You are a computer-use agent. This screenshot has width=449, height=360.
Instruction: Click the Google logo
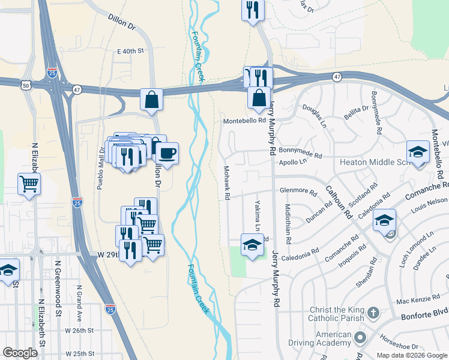(x=20, y=353)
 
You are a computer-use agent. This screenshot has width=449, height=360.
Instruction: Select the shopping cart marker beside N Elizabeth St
(x=29, y=184)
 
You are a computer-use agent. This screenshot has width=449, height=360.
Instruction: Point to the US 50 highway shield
(x=26, y=86)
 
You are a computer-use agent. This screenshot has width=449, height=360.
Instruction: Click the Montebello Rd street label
(x=244, y=121)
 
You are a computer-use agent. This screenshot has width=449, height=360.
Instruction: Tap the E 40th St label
(x=131, y=52)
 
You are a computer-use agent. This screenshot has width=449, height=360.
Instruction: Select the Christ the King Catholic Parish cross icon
(x=373, y=313)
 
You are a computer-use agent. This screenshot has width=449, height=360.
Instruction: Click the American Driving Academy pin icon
(x=360, y=338)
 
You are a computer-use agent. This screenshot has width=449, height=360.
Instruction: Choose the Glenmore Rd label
(x=298, y=191)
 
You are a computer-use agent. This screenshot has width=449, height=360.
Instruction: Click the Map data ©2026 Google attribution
(x=412, y=355)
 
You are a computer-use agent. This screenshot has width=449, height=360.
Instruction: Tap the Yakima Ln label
(x=258, y=215)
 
